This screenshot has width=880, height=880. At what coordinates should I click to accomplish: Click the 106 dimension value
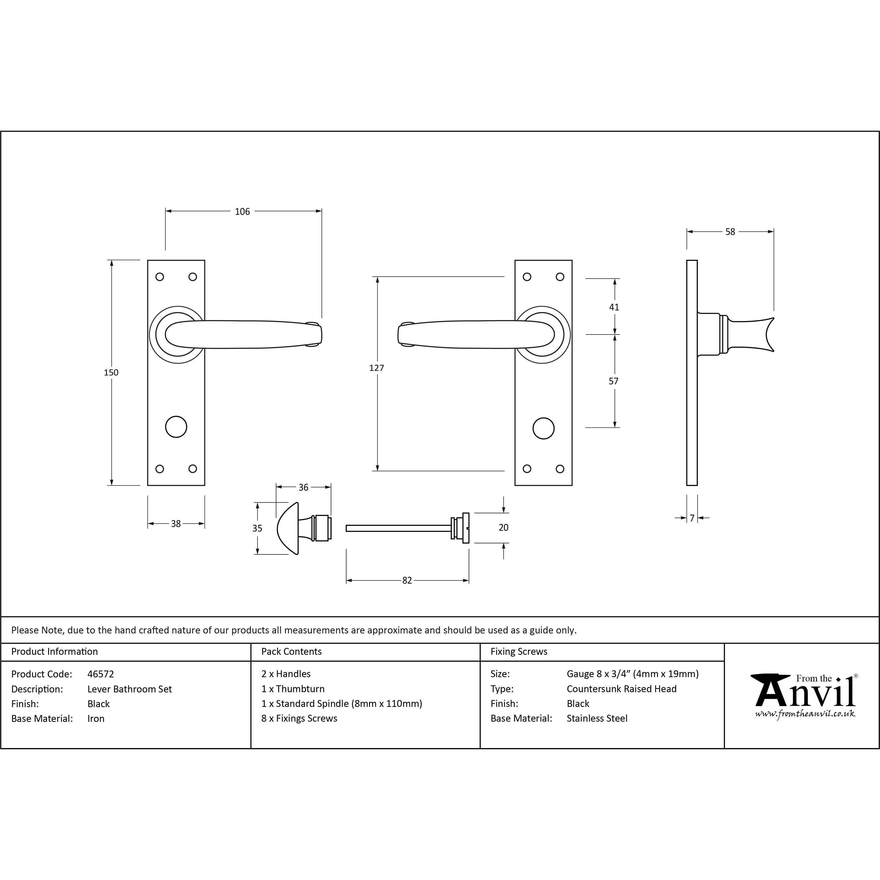[242, 211]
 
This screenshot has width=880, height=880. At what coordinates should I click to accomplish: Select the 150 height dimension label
[111, 373]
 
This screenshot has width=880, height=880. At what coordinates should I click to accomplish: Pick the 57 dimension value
[614, 381]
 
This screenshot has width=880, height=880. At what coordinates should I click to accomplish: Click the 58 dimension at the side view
[730, 232]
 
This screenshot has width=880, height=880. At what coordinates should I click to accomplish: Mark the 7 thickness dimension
[692, 518]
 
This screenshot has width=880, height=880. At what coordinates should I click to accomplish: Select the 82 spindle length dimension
[407, 580]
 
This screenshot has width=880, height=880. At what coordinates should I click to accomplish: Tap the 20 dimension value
[503, 527]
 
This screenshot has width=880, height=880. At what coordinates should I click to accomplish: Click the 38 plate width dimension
[176, 524]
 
